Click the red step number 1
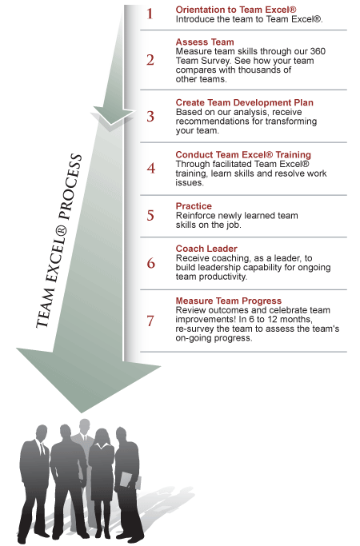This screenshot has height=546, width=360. coord(150,14)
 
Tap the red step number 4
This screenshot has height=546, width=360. coord(151,168)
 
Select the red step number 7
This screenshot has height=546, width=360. coord(150,321)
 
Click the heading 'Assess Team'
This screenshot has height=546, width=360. coord(205,42)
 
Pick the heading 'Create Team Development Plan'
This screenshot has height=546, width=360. coord(244,102)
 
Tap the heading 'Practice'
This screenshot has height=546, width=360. coord(194,206)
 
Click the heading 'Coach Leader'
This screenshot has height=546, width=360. coord(206,249)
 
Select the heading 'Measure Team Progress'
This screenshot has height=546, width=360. coord(228,301)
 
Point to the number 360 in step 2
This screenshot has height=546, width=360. coord(318,51)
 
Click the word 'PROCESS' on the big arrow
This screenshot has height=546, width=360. coord(70,186)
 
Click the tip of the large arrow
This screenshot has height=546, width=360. coord(82,412)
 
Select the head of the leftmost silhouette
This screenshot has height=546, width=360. coord(42,433)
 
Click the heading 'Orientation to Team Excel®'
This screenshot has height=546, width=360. coord(236,10)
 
